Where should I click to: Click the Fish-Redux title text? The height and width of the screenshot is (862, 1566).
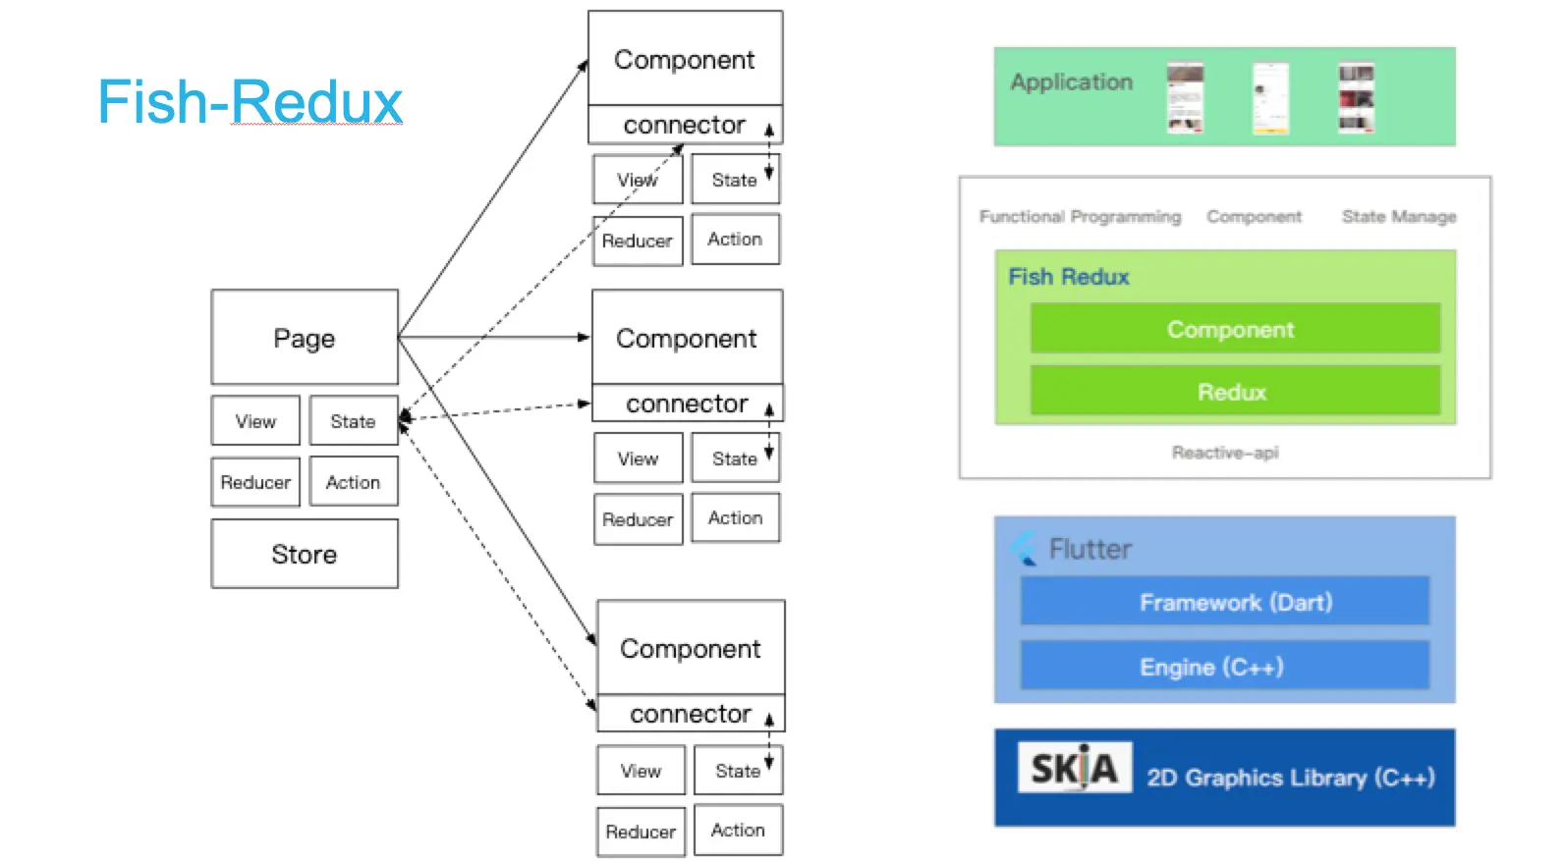pyautogui.click(x=251, y=102)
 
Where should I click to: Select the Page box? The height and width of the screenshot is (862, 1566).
pyautogui.click(x=305, y=337)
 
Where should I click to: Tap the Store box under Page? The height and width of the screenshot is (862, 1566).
pyautogui.click(x=305, y=554)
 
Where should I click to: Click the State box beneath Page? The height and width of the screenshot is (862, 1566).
pyautogui.click(x=353, y=421)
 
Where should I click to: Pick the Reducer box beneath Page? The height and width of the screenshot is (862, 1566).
pyautogui.click(x=255, y=482)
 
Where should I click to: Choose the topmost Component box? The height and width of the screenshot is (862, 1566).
pyautogui.click(x=685, y=59)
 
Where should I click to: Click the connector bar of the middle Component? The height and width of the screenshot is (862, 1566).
pyautogui.click(x=687, y=404)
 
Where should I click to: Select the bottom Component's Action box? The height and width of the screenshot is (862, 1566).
pyautogui.click(x=738, y=830)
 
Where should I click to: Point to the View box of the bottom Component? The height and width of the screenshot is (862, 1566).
pyautogui.click(x=641, y=771)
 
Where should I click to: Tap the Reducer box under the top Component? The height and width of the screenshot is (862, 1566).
pyautogui.click(x=638, y=241)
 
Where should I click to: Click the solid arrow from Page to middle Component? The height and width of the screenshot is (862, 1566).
pyautogui.click(x=491, y=337)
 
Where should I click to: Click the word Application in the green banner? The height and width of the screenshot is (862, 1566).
pyautogui.click(x=1072, y=82)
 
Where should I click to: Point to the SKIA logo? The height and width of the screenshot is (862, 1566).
pyautogui.click(x=1075, y=768)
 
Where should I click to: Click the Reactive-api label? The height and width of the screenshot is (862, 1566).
pyautogui.click(x=1225, y=453)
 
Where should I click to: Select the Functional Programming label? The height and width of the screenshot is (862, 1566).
pyautogui.click(x=1080, y=217)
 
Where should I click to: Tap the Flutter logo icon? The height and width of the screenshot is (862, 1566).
pyautogui.click(x=1025, y=548)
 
